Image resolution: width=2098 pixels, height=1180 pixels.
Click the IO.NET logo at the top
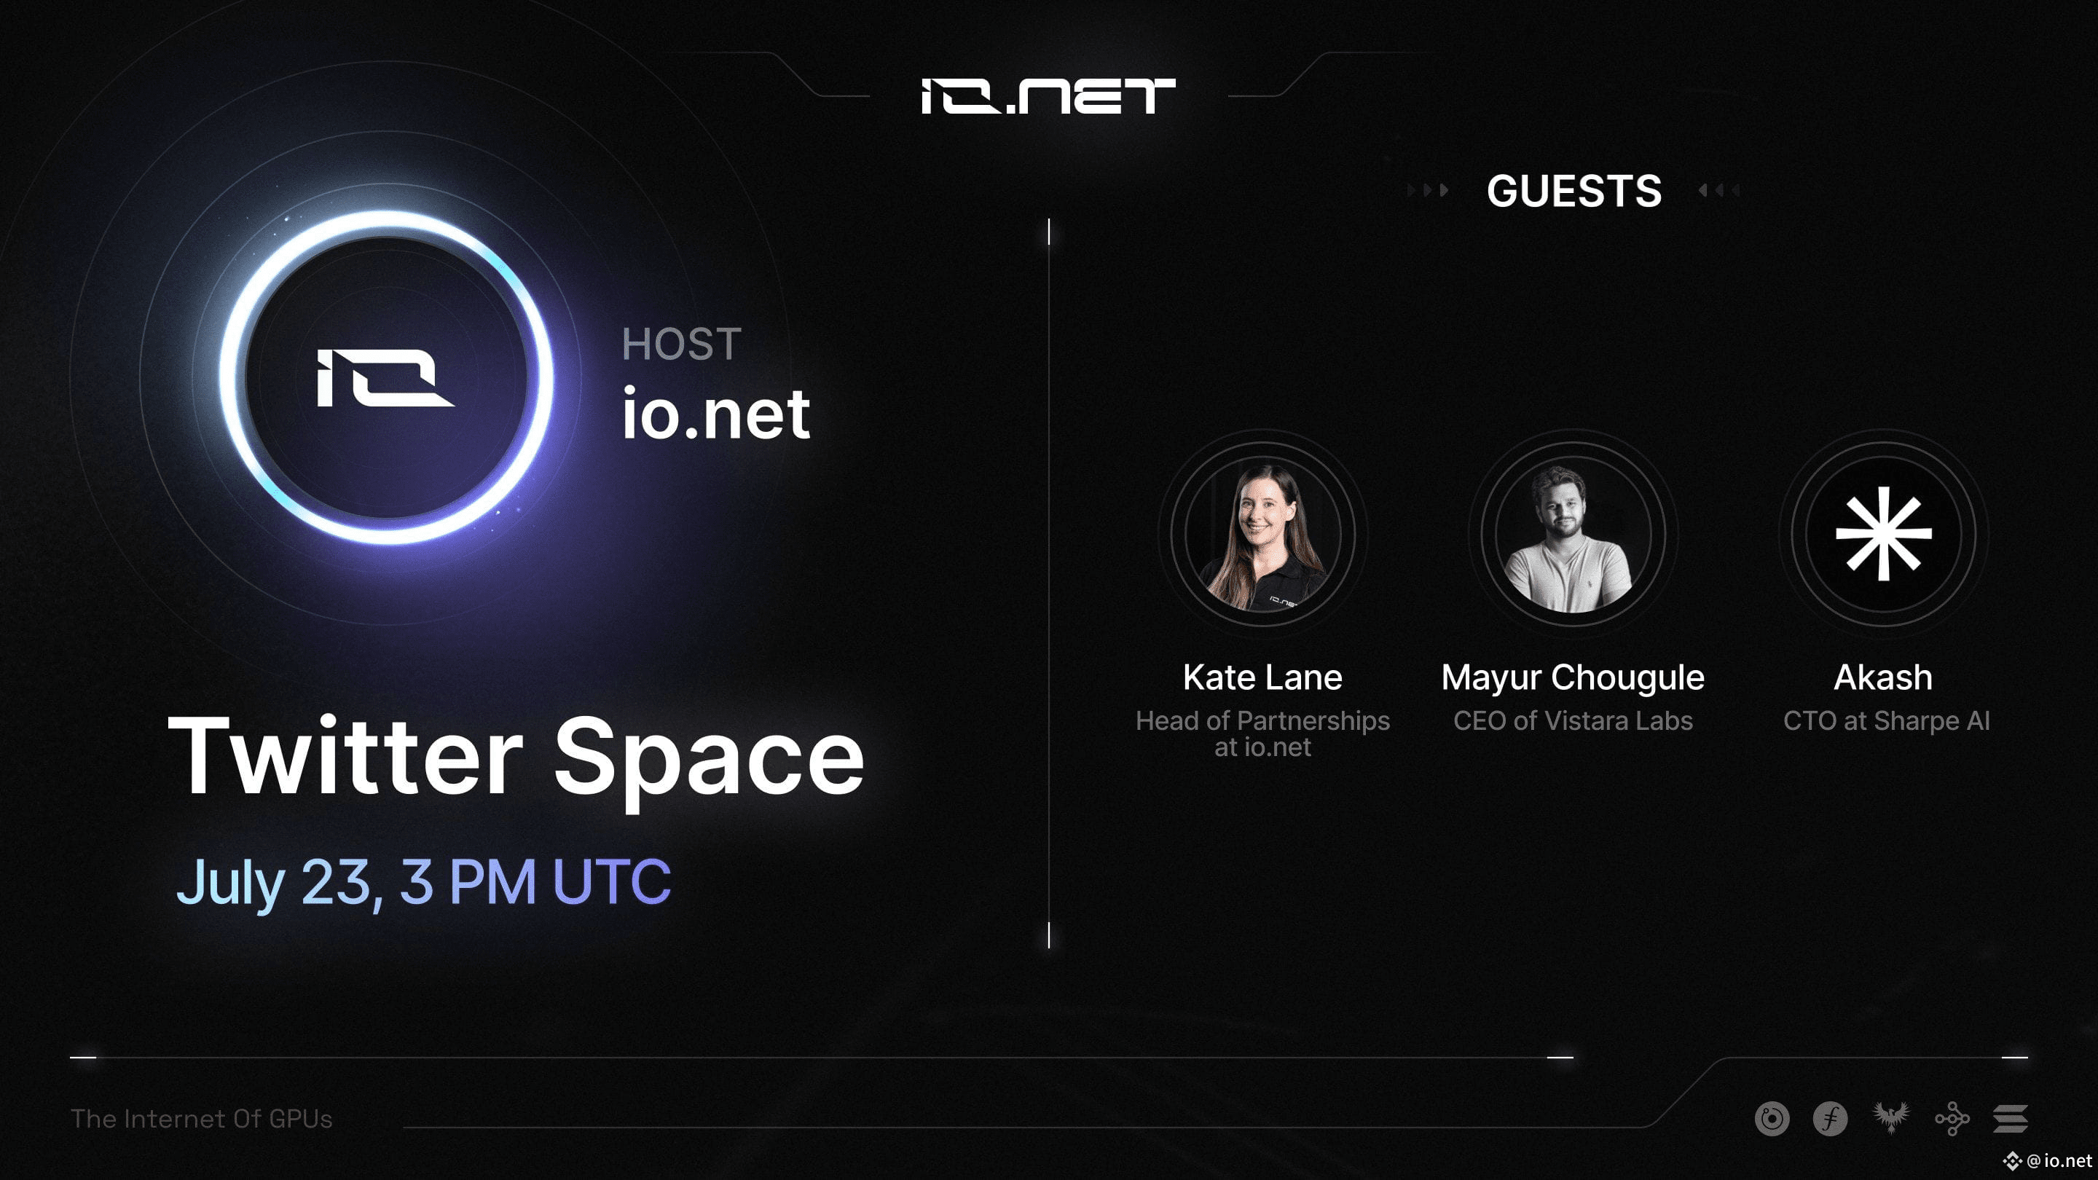point(1048,96)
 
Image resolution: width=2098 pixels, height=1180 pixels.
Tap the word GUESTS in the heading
point(1573,192)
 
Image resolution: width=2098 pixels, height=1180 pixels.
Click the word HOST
point(682,344)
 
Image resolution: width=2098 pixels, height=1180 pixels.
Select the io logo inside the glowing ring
point(385,378)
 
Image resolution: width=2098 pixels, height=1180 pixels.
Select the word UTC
point(612,881)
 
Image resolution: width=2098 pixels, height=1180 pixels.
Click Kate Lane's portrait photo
point(1263,536)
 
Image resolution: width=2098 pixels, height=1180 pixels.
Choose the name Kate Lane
point(1262,677)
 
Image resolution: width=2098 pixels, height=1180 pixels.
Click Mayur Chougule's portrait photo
point(1573,536)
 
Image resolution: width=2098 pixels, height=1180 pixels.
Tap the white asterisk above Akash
point(1883,534)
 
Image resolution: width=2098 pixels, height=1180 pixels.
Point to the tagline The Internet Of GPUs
point(201,1119)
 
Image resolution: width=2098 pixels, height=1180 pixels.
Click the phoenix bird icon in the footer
point(1890,1118)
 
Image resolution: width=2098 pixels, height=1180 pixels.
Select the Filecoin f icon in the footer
point(1830,1119)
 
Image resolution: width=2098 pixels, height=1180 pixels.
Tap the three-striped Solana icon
point(2010,1119)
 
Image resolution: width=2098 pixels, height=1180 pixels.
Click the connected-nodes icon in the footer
point(1952,1119)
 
